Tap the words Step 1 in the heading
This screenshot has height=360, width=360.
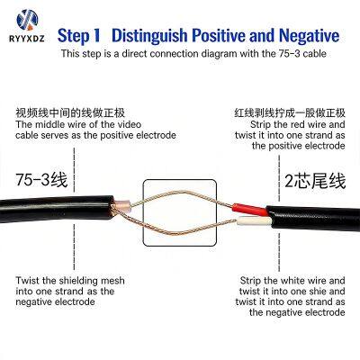(x=78, y=36)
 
